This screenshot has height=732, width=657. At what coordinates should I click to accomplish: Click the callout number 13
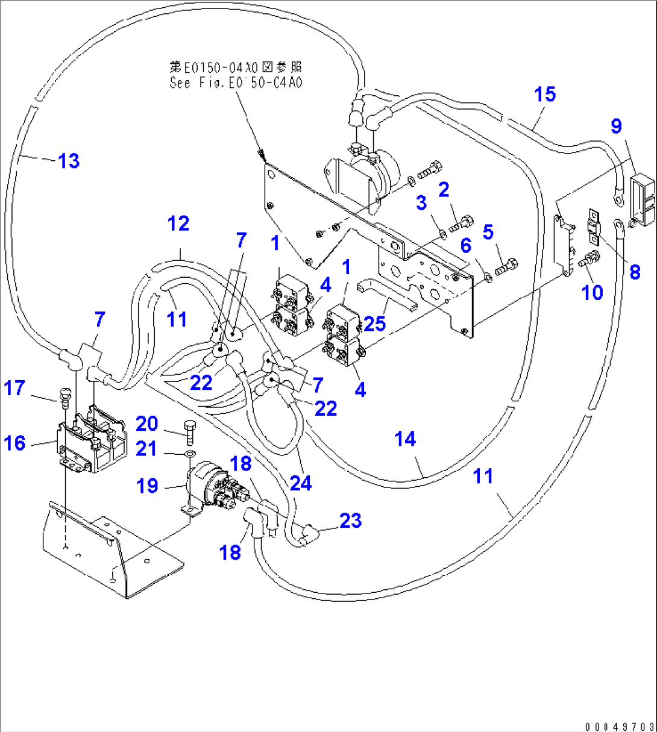tap(69, 161)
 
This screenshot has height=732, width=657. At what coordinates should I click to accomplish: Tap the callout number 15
tap(544, 94)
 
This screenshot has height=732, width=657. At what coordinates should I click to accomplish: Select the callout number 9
tap(615, 126)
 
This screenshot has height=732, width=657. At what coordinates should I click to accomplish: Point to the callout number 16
tap(15, 443)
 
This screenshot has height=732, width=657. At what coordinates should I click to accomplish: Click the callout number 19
tap(147, 486)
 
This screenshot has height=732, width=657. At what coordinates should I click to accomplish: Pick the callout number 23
tap(350, 520)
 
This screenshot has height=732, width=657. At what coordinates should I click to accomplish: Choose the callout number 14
tap(405, 439)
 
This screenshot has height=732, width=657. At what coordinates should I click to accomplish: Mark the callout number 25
tap(374, 324)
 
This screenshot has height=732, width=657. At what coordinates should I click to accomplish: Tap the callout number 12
tap(178, 224)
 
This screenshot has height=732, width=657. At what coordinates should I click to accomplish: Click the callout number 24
tap(301, 483)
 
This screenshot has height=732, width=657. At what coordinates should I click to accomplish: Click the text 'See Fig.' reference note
tap(236, 83)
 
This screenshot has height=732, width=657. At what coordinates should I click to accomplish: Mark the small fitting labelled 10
tap(589, 260)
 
